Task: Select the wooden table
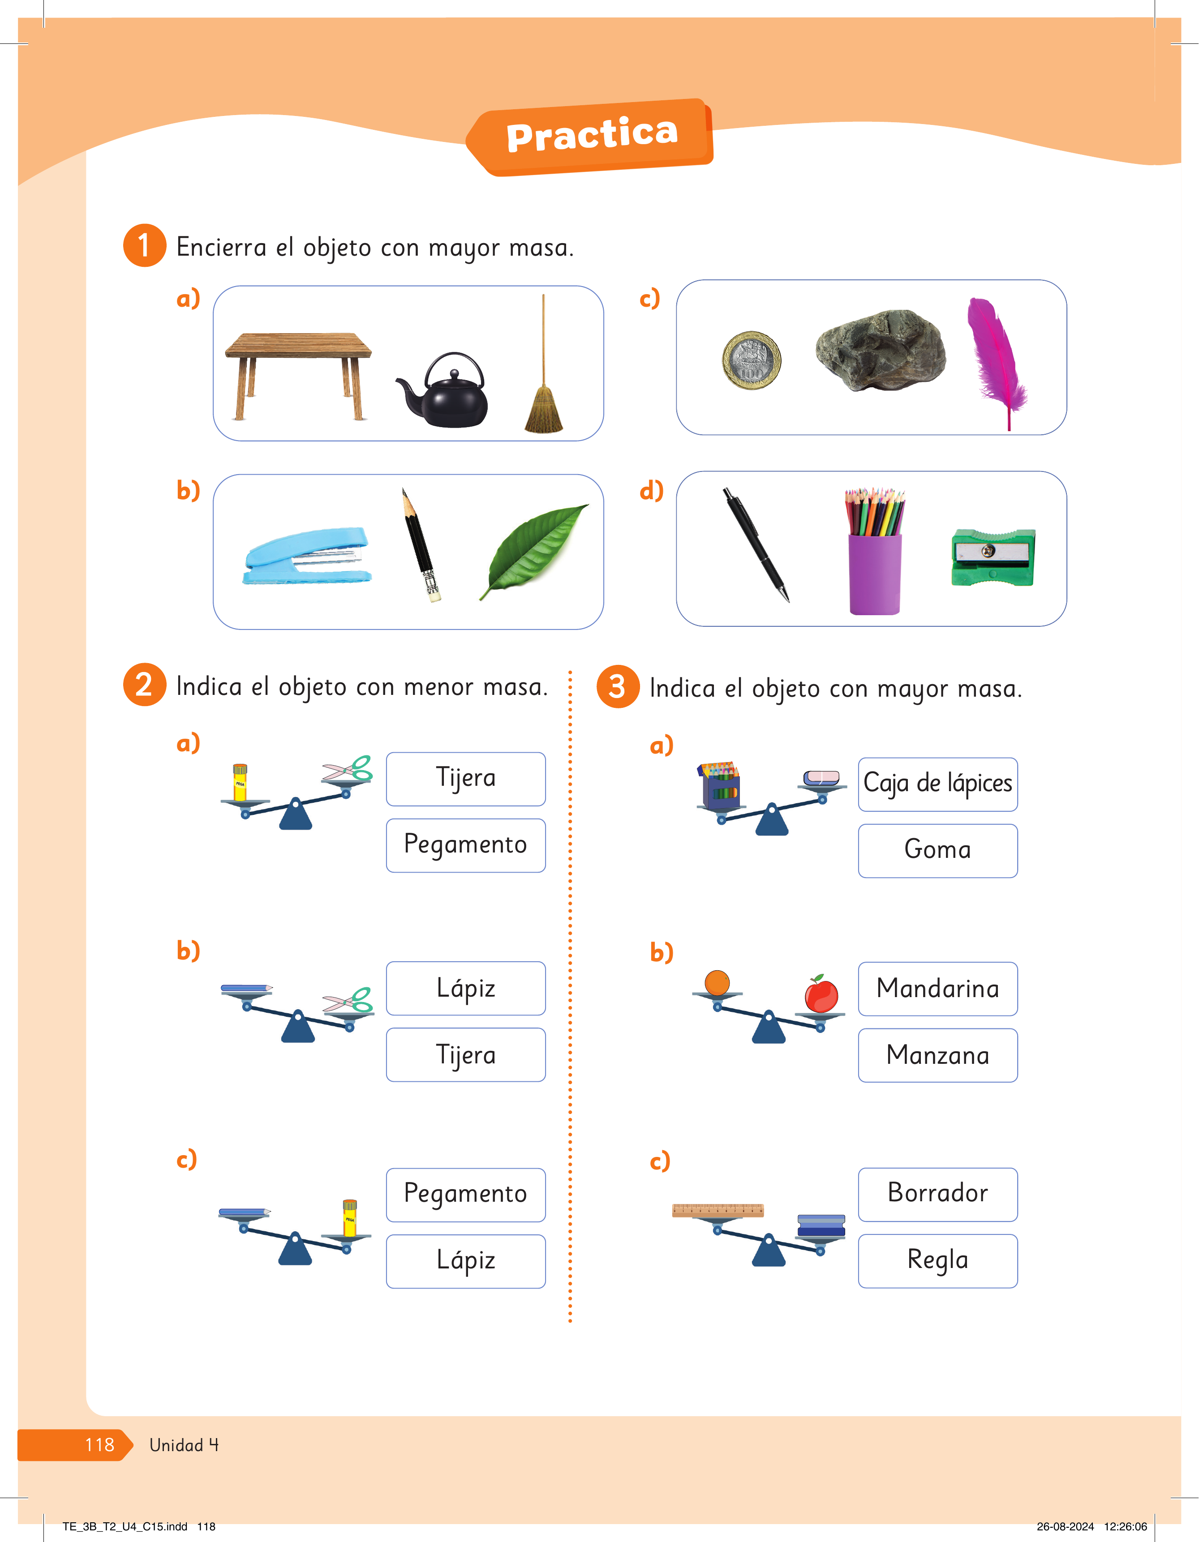pyautogui.click(x=298, y=375)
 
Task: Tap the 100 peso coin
pyautogui.click(x=751, y=360)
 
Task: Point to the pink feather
pyautogui.click(x=997, y=360)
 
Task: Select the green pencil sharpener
pyautogui.click(x=993, y=557)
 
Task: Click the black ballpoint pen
pyautogui.click(x=756, y=544)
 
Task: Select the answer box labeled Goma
pyautogui.click(x=938, y=851)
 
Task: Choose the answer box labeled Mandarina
pyautogui.click(x=938, y=989)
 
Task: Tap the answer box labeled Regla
pyautogui.click(x=938, y=1261)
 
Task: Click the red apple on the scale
pyautogui.click(x=821, y=994)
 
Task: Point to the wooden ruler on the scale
pyautogui.click(x=718, y=1211)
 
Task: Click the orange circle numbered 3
pyautogui.click(x=618, y=686)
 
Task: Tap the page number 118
pyautogui.click(x=99, y=1445)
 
